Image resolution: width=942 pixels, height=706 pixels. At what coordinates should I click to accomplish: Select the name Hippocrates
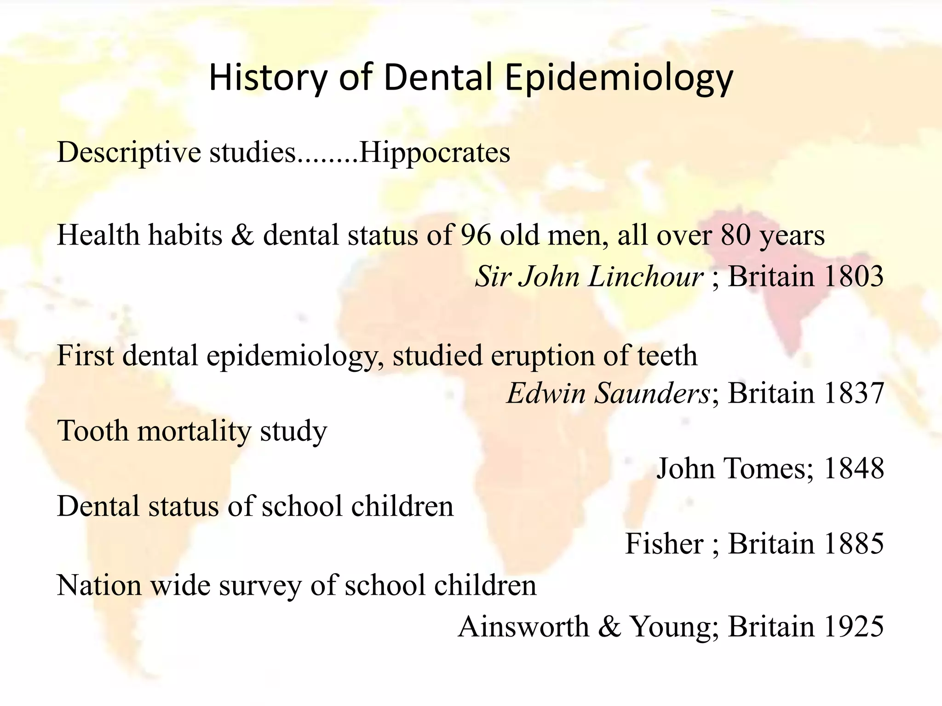pyautogui.click(x=434, y=153)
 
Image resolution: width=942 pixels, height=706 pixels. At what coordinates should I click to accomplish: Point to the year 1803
pyautogui.click(x=853, y=277)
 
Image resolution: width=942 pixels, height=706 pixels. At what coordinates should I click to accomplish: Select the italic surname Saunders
pyautogui.click(x=652, y=393)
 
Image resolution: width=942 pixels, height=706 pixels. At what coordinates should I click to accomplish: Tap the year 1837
pyautogui.click(x=853, y=393)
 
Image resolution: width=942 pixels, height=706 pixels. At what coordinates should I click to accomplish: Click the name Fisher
pyautogui.click(x=664, y=544)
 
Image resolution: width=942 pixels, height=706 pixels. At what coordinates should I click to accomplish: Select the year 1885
pyautogui.click(x=853, y=544)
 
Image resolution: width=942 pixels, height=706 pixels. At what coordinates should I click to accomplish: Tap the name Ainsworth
pyautogui.click(x=523, y=626)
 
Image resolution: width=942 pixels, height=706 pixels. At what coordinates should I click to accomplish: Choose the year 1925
pyautogui.click(x=853, y=626)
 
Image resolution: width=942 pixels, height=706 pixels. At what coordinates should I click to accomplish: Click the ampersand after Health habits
pyautogui.click(x=242, y=235)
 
